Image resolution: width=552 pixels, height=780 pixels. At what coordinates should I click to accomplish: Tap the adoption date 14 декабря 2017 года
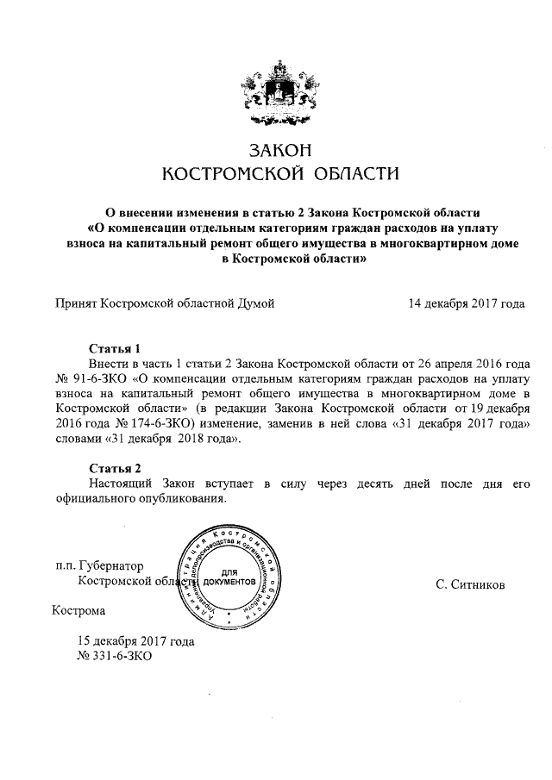coord(467,303)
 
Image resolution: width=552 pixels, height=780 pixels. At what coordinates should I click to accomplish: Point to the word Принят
coord(75,303)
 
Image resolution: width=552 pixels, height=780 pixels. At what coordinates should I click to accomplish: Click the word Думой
coord(254,303)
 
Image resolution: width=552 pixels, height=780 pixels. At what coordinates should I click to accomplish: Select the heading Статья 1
coord(115,349)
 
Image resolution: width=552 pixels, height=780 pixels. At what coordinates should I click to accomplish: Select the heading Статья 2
coord(115,468)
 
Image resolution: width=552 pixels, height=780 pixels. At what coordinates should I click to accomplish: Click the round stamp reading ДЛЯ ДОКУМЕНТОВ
coord(229,576)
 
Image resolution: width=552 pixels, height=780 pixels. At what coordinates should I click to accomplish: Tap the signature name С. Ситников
coord(470,585)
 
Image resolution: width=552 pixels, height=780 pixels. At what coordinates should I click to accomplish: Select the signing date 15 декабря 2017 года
coord(135,641)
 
